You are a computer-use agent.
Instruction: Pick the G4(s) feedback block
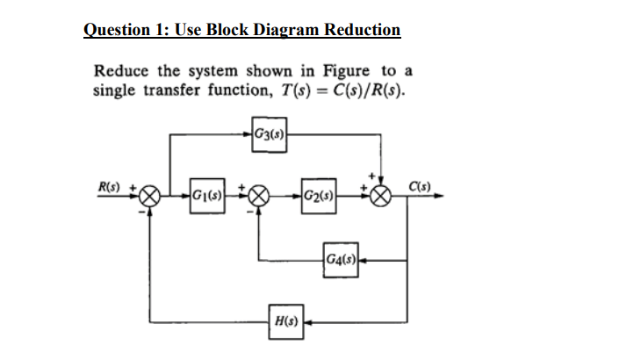click(x=340, y=259)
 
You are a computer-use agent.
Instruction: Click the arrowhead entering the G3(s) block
click(x=248, y=134)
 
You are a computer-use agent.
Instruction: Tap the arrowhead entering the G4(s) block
click(x=360, y=259)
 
